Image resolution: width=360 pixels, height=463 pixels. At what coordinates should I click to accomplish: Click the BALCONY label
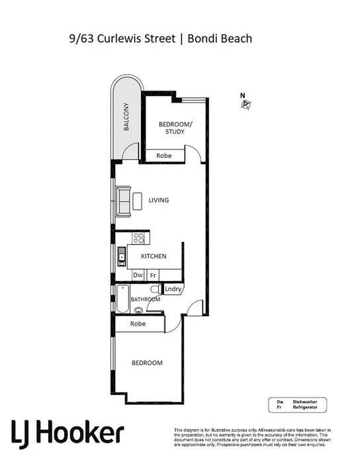point(125,119)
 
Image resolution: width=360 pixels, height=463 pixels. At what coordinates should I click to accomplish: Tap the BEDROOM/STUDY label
point(175,128)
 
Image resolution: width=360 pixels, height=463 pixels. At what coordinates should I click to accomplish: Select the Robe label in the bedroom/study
point(164,155)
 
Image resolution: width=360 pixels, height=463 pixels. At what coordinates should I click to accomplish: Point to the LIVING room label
point(159,200)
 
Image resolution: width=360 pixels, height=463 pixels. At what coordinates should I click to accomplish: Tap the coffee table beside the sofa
point(138,200)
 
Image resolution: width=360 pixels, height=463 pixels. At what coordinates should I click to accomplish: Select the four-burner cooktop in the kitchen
point(139,238)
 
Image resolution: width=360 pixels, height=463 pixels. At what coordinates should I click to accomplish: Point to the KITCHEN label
point(153,256)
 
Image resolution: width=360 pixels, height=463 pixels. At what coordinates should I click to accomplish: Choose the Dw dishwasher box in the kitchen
point(138,274)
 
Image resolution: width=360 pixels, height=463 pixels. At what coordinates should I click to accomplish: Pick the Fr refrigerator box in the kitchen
point(152,274)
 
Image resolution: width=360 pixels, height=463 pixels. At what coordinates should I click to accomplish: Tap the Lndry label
point(173,289)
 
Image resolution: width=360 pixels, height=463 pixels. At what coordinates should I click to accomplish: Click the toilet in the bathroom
point(156,290)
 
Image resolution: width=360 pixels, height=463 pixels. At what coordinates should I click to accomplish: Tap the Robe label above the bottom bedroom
point(138,324)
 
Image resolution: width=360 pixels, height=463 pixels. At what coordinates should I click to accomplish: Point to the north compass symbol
point(245,103)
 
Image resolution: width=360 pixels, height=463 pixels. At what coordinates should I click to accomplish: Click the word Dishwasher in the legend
point(297,402)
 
